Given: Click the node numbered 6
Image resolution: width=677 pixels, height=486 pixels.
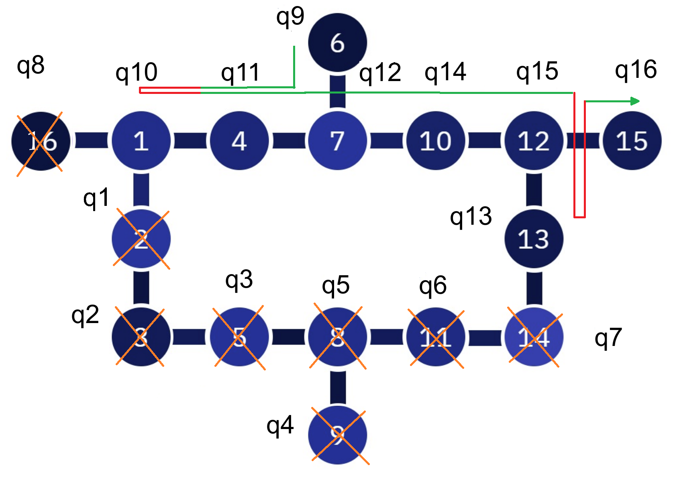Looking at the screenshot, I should point(337,43).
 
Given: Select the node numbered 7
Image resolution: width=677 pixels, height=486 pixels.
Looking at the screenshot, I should point(337,141).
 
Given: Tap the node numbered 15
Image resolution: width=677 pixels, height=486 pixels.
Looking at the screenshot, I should point(632,141).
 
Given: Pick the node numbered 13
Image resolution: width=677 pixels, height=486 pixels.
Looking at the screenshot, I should point(534,239).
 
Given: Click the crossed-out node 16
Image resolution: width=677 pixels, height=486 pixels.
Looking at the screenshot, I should point(41,141).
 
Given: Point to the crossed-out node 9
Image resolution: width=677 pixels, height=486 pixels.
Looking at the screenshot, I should point(337,435).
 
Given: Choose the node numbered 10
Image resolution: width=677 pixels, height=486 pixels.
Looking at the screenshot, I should point(436,141).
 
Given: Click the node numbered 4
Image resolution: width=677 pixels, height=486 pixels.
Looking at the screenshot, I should point(239,141).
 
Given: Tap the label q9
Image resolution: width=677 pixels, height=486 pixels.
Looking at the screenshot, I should point(290,17).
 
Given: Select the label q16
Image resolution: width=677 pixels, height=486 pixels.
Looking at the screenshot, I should point(636,70).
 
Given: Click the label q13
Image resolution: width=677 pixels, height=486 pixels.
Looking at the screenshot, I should point(471,217).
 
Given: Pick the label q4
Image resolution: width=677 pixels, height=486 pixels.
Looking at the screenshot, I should point(280,425).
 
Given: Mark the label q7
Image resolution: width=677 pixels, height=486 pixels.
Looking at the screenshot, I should point(608,338).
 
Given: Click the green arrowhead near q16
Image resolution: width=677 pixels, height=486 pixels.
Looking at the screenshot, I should point(635,101).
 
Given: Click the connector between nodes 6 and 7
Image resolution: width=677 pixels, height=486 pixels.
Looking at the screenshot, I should point(337,92).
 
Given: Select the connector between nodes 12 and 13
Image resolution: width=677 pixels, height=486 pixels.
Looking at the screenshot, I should point(534,190).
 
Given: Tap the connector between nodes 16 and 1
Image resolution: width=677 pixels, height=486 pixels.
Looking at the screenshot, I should point(91,141).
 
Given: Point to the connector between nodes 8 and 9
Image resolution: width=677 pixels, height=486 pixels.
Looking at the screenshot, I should point(338,386).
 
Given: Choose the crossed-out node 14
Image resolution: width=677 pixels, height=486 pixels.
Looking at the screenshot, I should point(534,337).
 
